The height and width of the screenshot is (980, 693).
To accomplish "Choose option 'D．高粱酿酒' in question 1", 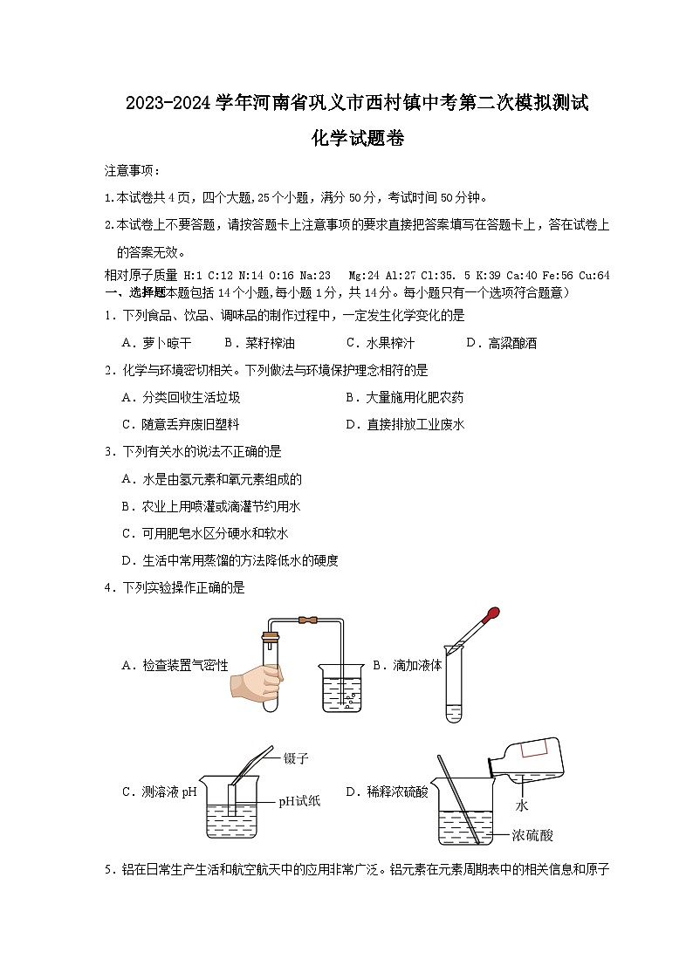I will (501, 343).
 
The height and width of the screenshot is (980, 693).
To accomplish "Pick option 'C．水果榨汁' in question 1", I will (380, 343).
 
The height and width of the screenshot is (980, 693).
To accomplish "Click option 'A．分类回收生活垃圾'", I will (181, 398).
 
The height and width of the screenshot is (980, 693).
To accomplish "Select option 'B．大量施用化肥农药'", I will (404, 398).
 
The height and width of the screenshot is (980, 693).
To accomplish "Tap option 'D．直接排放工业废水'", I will (404, 425).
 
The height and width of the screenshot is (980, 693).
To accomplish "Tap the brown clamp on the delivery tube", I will (306, 621).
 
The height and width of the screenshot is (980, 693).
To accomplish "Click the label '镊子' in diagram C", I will (297, 758).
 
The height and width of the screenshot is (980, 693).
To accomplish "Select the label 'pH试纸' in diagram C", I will (299, 801).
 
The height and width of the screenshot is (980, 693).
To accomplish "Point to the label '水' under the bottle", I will (523, 805).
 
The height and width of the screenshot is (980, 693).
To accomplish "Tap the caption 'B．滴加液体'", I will (407, 665).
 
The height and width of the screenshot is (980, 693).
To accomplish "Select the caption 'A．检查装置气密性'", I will (175, 665).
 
